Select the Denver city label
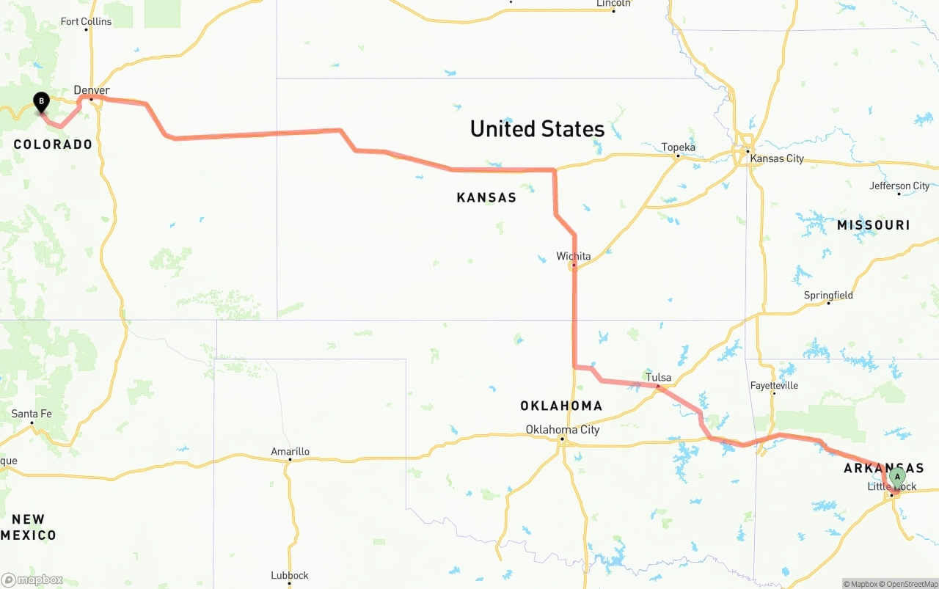pyautogui.click(x=92, y=90)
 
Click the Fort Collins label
pyautogui.click(x=86, y=21)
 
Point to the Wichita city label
pyautogui.click(x=573, y=256)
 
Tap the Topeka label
pyautogui.click(x=678, y=147)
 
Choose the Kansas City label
pyautogui.click(x=775, y=158)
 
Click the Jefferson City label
pyautogui.click(x=899, y=186)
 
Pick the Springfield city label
pyautogui.click(x=828, y=295)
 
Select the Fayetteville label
pyautogui.click(x=774, y=385)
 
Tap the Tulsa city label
pyautogui.click(x=658, y=378)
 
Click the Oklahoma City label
pyautogui.click(x=563, y=430)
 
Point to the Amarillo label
pyautogui.click(x=290, y=452)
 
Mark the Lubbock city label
pyautogui.click(x=289, y=575)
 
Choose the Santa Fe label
pyautogui.click(x=32, y=414)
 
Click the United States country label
pyautogui.click(x=537, y=129)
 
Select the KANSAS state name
pyautogui.click(x=486, y=197)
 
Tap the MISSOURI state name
pyautogui.click(x=873, y=225)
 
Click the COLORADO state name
pyautogui.click(x=53, y=144)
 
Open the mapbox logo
pyautogui.click(x=32, y=579)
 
